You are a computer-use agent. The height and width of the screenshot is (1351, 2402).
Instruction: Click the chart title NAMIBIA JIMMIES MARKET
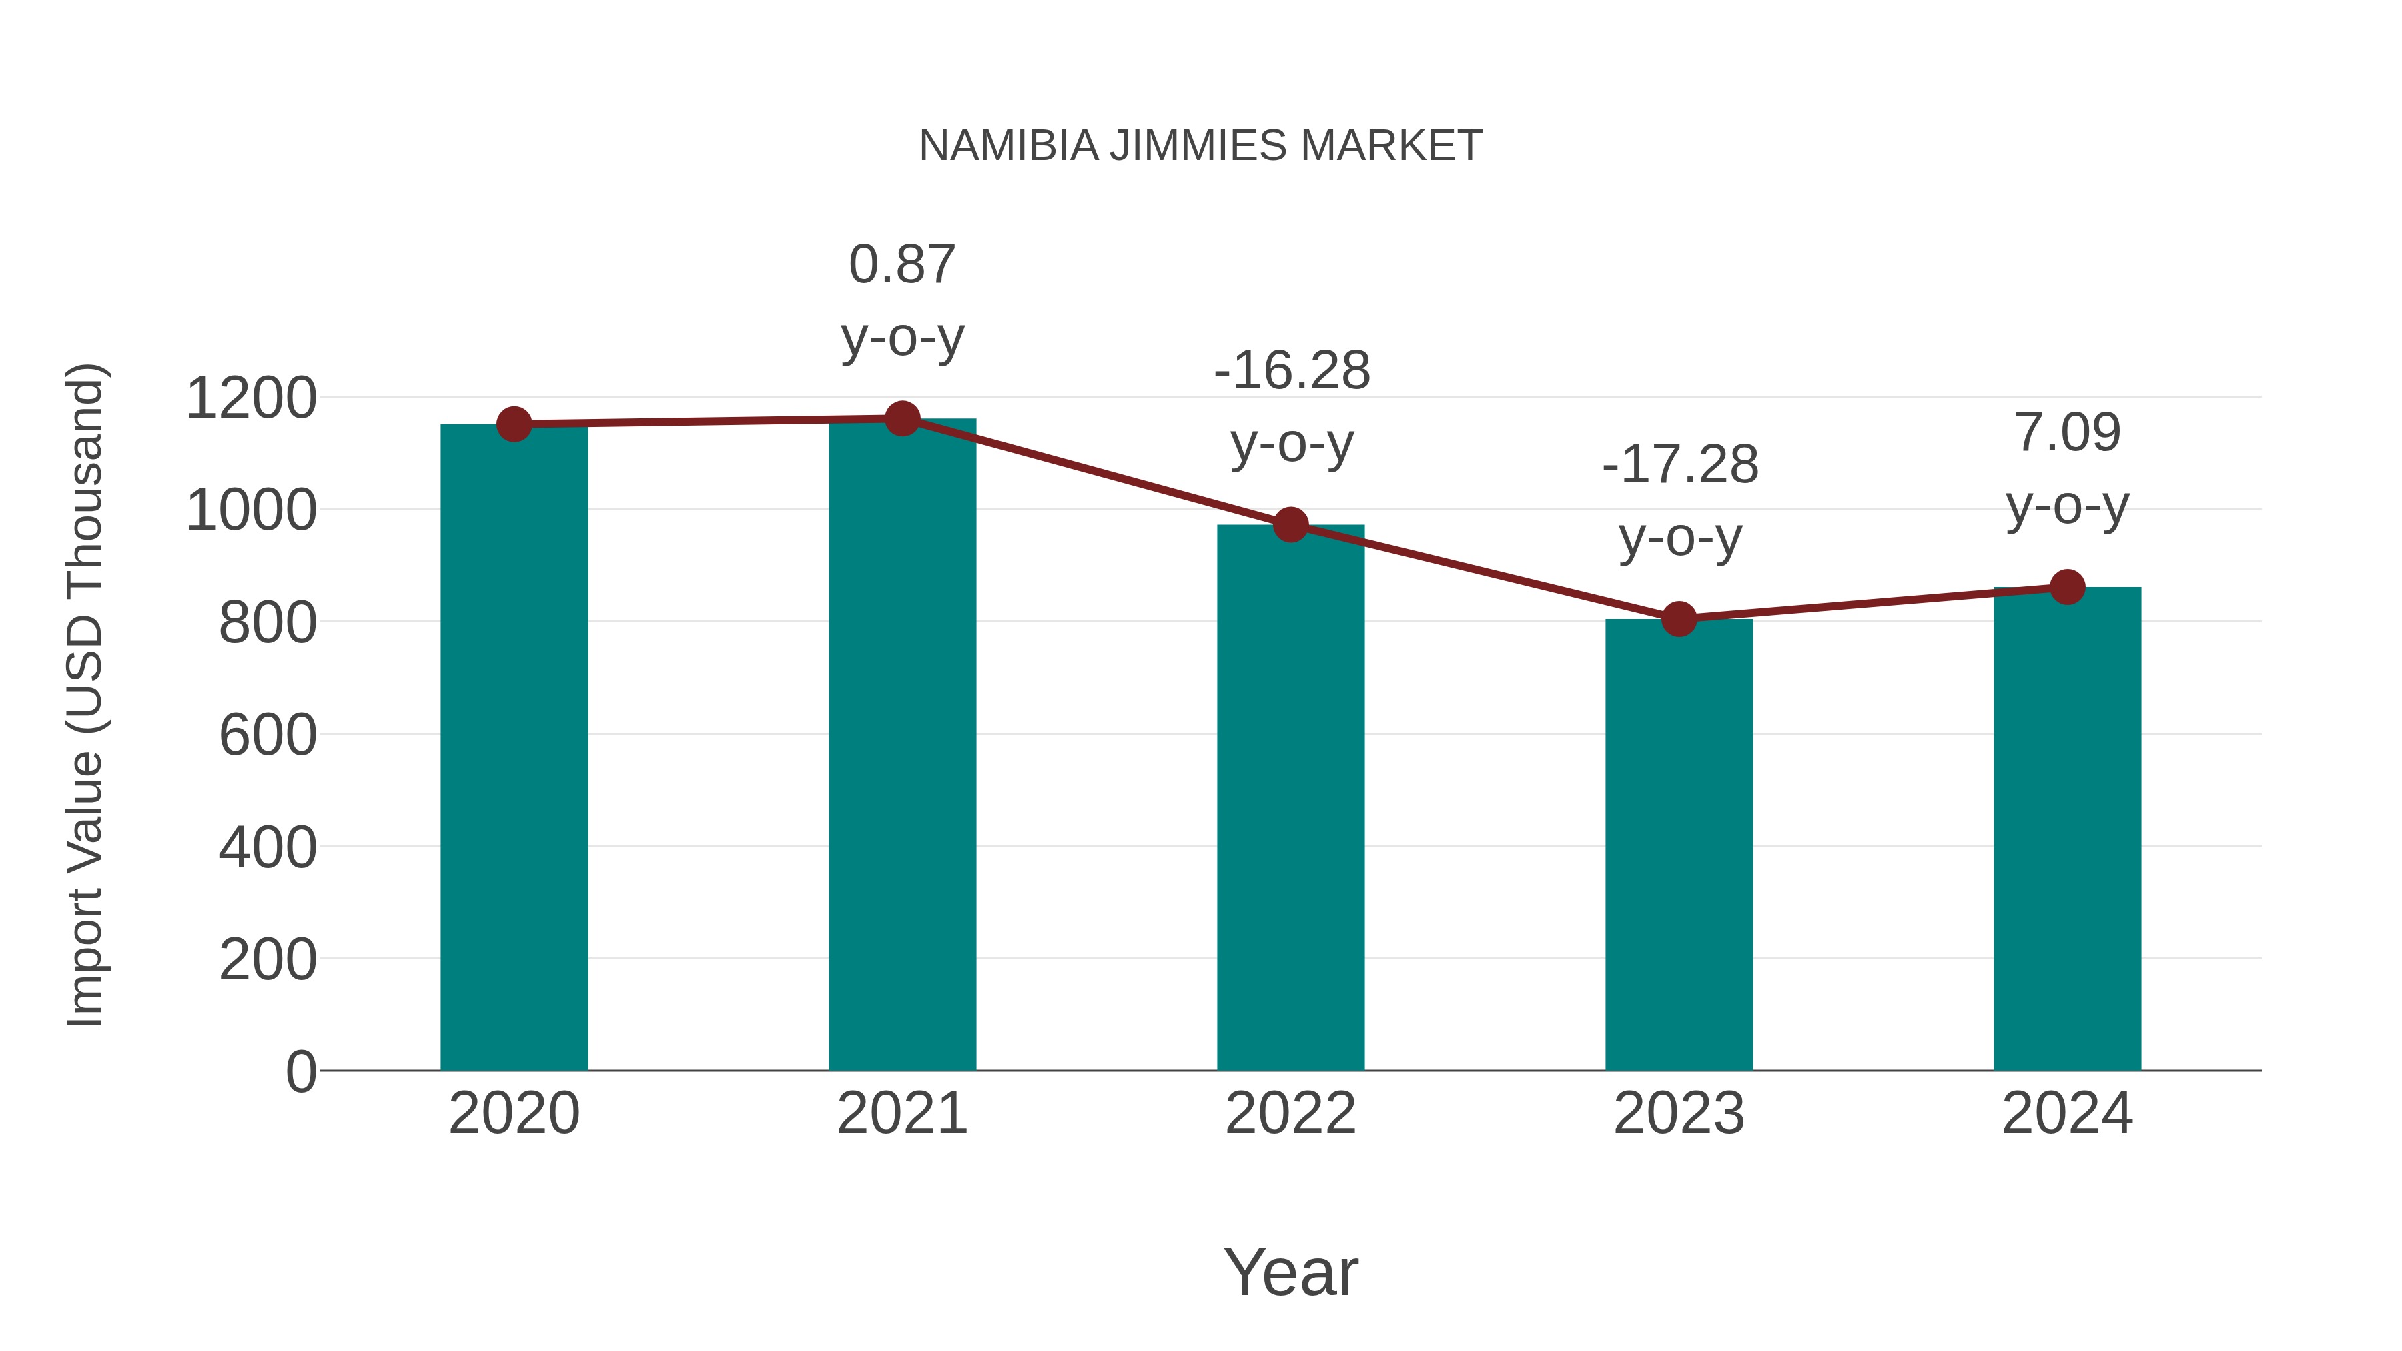[x=1200, y=146]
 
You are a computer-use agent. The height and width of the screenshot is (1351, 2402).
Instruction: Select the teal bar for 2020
[x=514, y=746]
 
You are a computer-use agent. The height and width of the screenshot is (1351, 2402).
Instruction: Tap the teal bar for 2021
[x=901, y=746]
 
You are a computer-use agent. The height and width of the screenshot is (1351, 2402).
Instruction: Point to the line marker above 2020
[x=514, y=424]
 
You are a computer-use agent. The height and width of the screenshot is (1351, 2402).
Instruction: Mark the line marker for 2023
[x=1679, y=618]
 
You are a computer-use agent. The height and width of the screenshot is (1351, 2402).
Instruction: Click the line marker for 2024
[x=2067, y=587]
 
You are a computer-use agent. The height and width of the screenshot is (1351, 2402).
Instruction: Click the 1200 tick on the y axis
[x=251, y=398]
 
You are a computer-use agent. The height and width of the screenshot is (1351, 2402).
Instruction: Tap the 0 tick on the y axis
[x=300, y=1071]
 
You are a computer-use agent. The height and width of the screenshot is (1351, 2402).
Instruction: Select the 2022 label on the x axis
[x=1290, y=1113]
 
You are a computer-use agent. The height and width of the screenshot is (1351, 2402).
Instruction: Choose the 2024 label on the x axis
[x=2067, y=1113]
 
